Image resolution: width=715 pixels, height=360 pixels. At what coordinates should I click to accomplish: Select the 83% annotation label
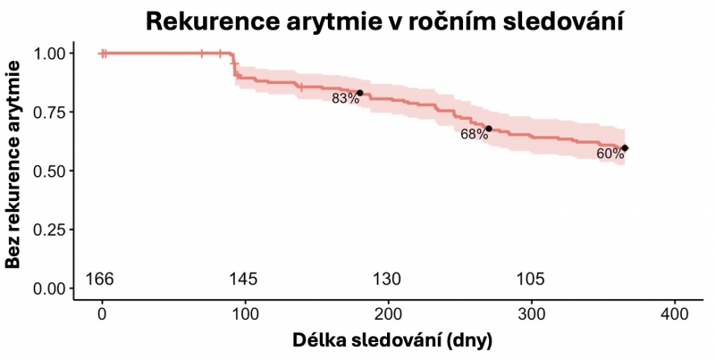coord(345,98)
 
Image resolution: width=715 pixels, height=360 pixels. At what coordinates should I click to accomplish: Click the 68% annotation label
coord(475,134)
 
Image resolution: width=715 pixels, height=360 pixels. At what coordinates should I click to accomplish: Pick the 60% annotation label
coord(610,154)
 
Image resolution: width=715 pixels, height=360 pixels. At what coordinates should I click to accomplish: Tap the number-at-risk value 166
coord(99,280)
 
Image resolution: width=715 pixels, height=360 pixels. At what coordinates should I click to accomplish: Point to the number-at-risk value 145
coord(243,280)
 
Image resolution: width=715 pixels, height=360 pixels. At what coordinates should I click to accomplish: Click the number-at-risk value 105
coord(531,280)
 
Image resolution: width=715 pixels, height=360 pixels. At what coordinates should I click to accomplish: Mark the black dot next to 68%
coord(489,129)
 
